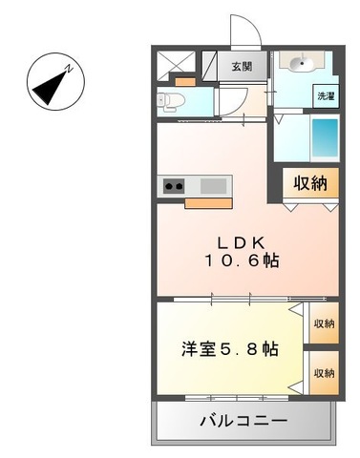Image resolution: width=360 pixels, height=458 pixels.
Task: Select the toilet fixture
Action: click(170, 98)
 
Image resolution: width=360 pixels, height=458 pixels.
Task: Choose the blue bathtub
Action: click(323, 141)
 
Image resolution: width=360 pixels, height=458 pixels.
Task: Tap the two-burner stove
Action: click(176, 186)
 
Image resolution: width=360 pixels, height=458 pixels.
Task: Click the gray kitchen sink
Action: click(211, 185)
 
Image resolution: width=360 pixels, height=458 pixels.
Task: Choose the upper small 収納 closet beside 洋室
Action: click(323, 323)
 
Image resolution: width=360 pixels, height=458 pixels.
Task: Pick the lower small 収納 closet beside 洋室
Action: click(323, 373)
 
